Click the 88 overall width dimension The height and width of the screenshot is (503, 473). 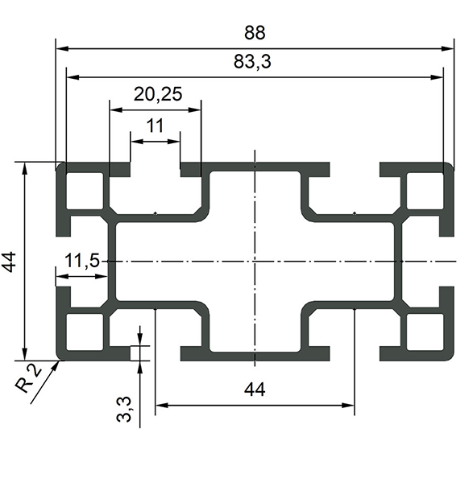tap(255, 33)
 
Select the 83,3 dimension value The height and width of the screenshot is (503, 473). tap(252, 62)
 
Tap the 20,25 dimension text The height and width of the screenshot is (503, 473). tap(158, 94)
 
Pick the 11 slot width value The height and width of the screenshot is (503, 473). tap(155, 126)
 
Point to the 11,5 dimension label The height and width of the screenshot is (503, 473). tap(82, 260)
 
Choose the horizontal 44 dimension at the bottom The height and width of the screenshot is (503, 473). tap(255, 390)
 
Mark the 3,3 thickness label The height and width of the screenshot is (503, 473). tap(124, 409)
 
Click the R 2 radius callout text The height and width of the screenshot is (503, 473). tap(28, 380)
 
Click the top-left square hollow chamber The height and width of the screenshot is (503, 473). tap(85, 191)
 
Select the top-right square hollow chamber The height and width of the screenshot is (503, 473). tap(425, 191)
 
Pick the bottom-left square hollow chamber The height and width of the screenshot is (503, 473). tap(85, 332)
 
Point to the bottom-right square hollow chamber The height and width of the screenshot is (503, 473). tap(425, 332)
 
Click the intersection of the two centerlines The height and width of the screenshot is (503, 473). tap(255, 262)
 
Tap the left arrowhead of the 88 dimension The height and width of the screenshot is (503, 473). tap(62, 49)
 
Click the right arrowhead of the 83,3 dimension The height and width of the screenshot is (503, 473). tap(437, 77)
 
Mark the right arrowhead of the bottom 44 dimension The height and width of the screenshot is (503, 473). tap(348, 406)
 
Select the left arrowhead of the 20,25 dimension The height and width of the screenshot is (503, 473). tap(116, 109)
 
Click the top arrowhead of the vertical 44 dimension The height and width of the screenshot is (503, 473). tap(24, 168)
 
